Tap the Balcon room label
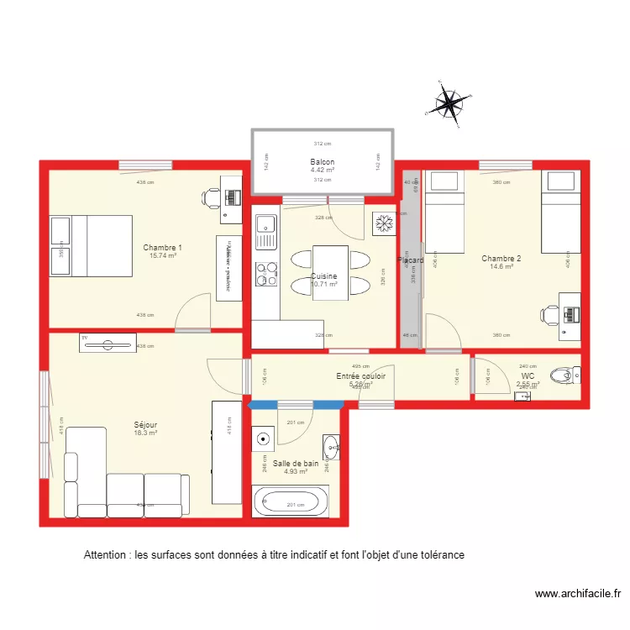323,162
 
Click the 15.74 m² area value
162,256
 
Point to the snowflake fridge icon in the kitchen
383,223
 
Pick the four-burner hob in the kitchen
266,274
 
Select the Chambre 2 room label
501,259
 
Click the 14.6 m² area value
501,267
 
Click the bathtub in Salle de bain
291,502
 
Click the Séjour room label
144,425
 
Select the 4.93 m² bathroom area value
295,471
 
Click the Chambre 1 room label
162,248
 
